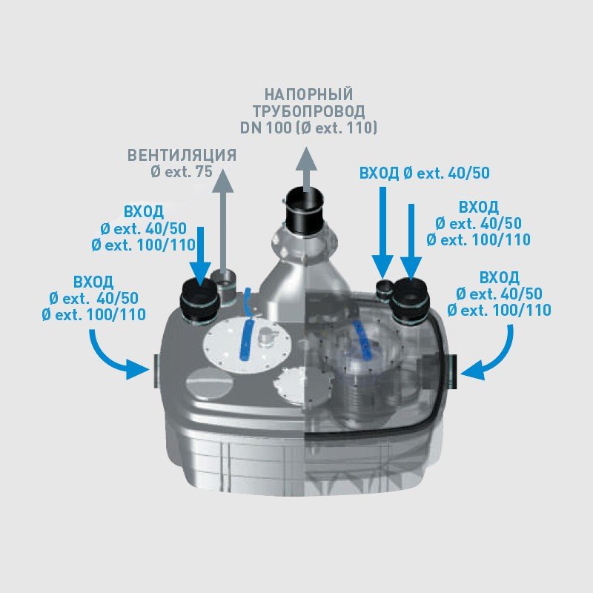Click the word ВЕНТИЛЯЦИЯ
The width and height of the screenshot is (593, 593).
click(182, 156)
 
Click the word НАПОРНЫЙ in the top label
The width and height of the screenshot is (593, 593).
click(308, 95)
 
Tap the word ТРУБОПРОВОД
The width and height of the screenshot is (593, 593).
click(308, 111)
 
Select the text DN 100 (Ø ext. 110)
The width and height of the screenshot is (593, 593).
click(308, 128)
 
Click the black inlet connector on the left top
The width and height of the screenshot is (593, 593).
click(197, 299)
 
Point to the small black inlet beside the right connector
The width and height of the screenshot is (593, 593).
click(383, 289)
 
